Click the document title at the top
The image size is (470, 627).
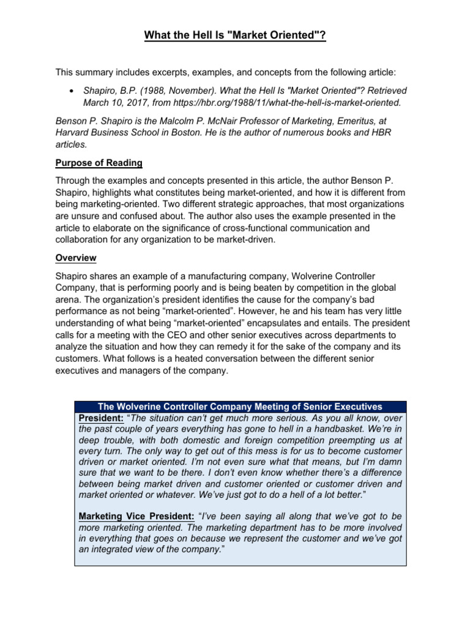pyautogui.click(x=235, y=36)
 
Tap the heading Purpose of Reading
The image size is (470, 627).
pyautogui.click(x=99, y=163)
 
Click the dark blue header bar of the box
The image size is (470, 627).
pyautogui.click(x=240, y=407)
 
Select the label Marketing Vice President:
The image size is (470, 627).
pyautogui.click(x=136, y=517)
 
